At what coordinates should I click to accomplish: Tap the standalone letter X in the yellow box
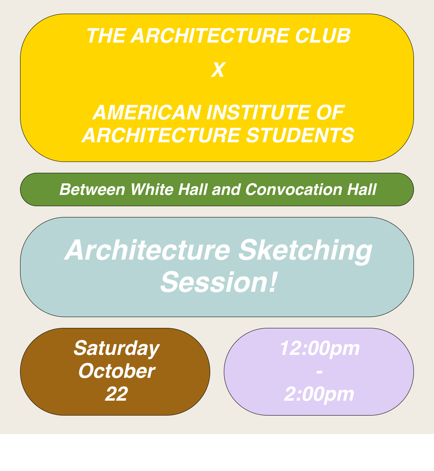click(218, 70)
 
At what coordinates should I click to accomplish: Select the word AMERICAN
click(147, 113)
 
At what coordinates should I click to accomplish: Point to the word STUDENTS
click(300, 135)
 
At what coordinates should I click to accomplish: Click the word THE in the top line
click(106, 36)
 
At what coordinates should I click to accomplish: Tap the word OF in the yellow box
click(330, 113)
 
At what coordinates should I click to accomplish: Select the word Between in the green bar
click(92, 190)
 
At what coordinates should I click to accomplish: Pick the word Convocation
click(294, 190)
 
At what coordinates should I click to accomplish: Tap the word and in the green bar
click(227, 190)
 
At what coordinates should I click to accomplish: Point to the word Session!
click(218, 282)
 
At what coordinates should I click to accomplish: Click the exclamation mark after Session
click(272, 281)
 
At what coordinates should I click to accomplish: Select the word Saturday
click(117, 349)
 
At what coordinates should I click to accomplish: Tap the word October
click(117, 371)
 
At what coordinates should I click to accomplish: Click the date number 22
click(117, 394)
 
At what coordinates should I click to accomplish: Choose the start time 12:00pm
click(319, 349)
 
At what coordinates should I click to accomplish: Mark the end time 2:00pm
click(319, 394)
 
